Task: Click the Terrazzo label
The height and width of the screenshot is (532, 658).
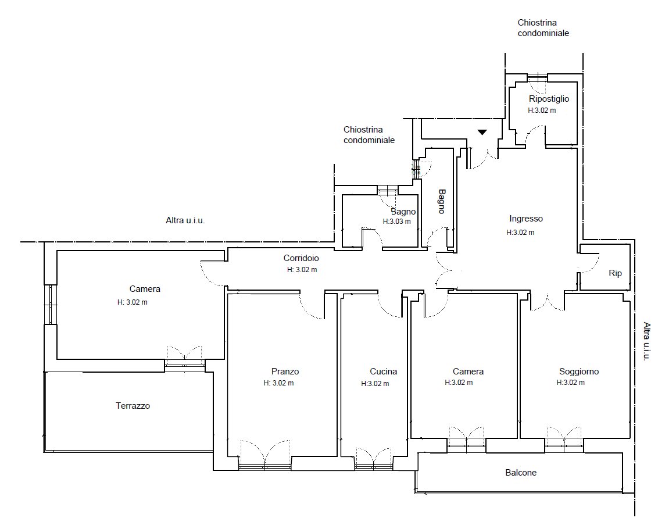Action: pos(133,406)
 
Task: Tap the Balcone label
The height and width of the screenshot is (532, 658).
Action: pos(521,472)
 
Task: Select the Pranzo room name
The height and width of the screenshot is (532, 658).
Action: pos(285,371)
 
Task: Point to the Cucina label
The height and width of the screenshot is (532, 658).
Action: pos(383,371)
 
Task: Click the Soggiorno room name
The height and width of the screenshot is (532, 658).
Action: pos(579,372)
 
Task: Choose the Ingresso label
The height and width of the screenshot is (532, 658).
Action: pos(526,219)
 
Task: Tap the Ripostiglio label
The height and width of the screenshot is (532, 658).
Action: pos(549,99)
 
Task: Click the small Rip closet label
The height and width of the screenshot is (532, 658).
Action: pos(615,273)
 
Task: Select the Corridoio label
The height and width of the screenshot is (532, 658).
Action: pos(301,258)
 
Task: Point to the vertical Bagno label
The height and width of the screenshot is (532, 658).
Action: pos(442,201)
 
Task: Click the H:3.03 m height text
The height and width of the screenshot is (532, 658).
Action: pos(396,222)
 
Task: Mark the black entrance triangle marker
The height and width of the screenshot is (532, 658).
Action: pos(482,132)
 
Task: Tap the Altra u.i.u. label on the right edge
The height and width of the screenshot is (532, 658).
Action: pos(646,341)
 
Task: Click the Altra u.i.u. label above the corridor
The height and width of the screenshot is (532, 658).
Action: pos(185,220)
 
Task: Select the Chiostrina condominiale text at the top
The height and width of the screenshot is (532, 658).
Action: pos(543,28)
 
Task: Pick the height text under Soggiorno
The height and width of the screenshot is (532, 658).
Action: pos(570,383)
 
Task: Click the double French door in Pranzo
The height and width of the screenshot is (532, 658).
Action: pos(265,454)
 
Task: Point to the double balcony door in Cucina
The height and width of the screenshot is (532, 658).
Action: pos(374,458)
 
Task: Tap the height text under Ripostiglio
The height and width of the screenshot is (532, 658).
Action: pos(542,110)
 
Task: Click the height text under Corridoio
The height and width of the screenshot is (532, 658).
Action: pos(302,270)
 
